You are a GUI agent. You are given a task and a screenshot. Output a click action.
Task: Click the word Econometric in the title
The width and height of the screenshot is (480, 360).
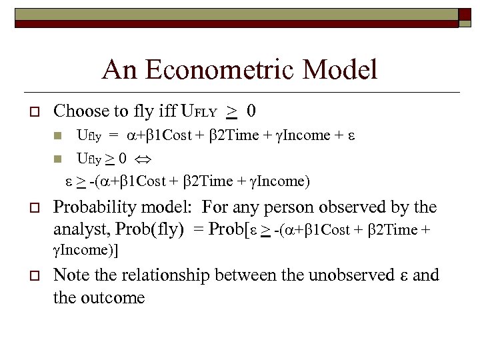point(223,69)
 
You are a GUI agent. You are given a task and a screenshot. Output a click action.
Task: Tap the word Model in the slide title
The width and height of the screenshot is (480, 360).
point(346,69)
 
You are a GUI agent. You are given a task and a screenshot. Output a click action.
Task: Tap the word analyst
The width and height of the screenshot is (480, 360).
point(79,230)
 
